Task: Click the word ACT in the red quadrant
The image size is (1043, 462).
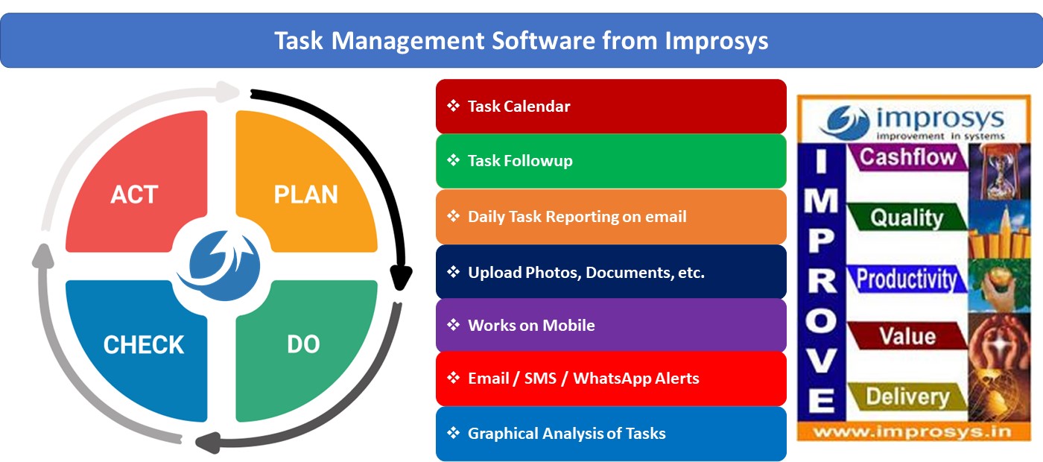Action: [x=134, y=195]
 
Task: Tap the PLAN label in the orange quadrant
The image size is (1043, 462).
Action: [x=305, y=195]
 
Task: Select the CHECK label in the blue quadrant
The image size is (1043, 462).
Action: [x=144, y=345]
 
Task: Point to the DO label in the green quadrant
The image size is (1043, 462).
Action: [x=303, y=344]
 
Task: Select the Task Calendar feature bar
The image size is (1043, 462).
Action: [x=611, y=107]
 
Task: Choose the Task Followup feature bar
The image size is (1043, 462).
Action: [x=611, y=161]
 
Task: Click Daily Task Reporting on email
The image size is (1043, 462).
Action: [x=611, y=217]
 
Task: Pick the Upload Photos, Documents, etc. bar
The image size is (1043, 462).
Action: [x=611, y=272]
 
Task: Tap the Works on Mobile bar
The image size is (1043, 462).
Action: [x=611, y=326]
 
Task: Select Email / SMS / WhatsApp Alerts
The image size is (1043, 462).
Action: [x=611, y=379]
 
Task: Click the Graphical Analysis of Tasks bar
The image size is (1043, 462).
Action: [x=611, y=434]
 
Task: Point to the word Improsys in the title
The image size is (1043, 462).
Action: [x=715, y=40]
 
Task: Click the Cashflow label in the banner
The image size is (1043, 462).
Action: [x=907, y=157]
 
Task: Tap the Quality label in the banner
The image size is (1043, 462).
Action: [x=907, y=218]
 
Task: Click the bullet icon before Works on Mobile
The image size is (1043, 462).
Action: [x=453, y=326]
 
